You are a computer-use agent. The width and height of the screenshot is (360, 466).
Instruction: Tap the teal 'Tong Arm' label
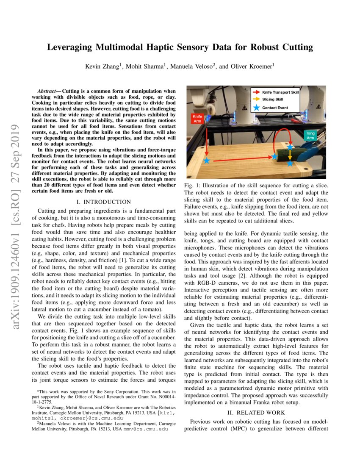coord(310,135)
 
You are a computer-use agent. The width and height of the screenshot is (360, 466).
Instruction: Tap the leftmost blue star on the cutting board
coord(207,161)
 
